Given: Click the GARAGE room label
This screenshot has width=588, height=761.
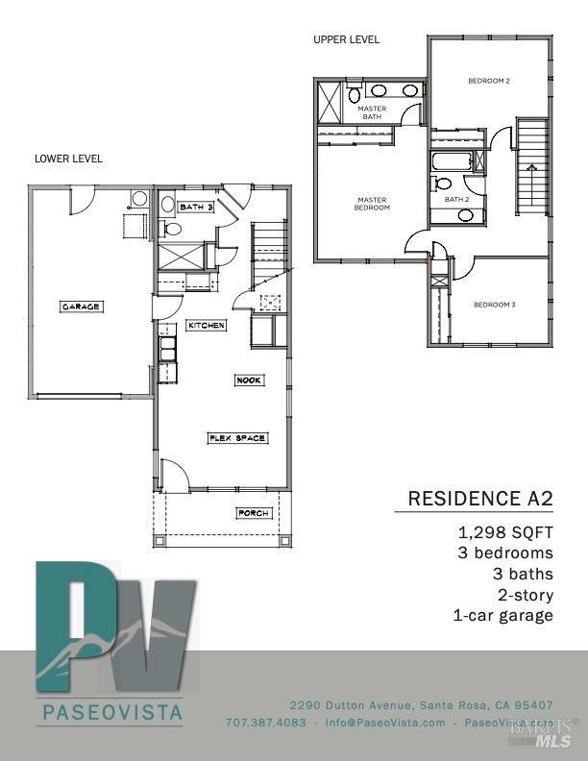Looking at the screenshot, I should (82, 307).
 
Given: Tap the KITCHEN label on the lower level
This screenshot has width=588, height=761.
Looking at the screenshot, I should (206, 325).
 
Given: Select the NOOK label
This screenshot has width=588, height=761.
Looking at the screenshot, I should (248, 380).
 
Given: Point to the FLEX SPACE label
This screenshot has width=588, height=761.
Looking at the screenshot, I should (237, 438).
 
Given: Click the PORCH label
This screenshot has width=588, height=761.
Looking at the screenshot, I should (253, 513).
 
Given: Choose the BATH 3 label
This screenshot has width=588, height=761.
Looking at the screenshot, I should (195, 207).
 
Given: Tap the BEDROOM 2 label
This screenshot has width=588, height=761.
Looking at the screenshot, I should (488, 81).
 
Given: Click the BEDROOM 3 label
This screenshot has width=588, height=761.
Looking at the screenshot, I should (494, 305).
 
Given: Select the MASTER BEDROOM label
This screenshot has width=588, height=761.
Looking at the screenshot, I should (371, 204).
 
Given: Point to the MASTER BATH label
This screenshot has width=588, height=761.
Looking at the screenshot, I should (372, 112).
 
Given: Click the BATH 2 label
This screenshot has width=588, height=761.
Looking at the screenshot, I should (456, 199).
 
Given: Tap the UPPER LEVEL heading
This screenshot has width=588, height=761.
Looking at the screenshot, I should (346, 39).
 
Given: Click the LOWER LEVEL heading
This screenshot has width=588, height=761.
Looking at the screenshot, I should (68, 159).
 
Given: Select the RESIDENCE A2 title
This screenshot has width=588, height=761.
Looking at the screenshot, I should (480, 498).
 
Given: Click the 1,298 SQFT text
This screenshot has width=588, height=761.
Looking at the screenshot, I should (505, 532).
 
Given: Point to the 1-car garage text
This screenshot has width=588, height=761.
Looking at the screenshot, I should (502, 615).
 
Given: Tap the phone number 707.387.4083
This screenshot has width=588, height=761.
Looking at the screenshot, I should (265, 723).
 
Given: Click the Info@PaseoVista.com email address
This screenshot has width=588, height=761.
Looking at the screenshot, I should (384, 723).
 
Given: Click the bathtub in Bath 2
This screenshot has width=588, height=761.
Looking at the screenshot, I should (451, 160).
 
